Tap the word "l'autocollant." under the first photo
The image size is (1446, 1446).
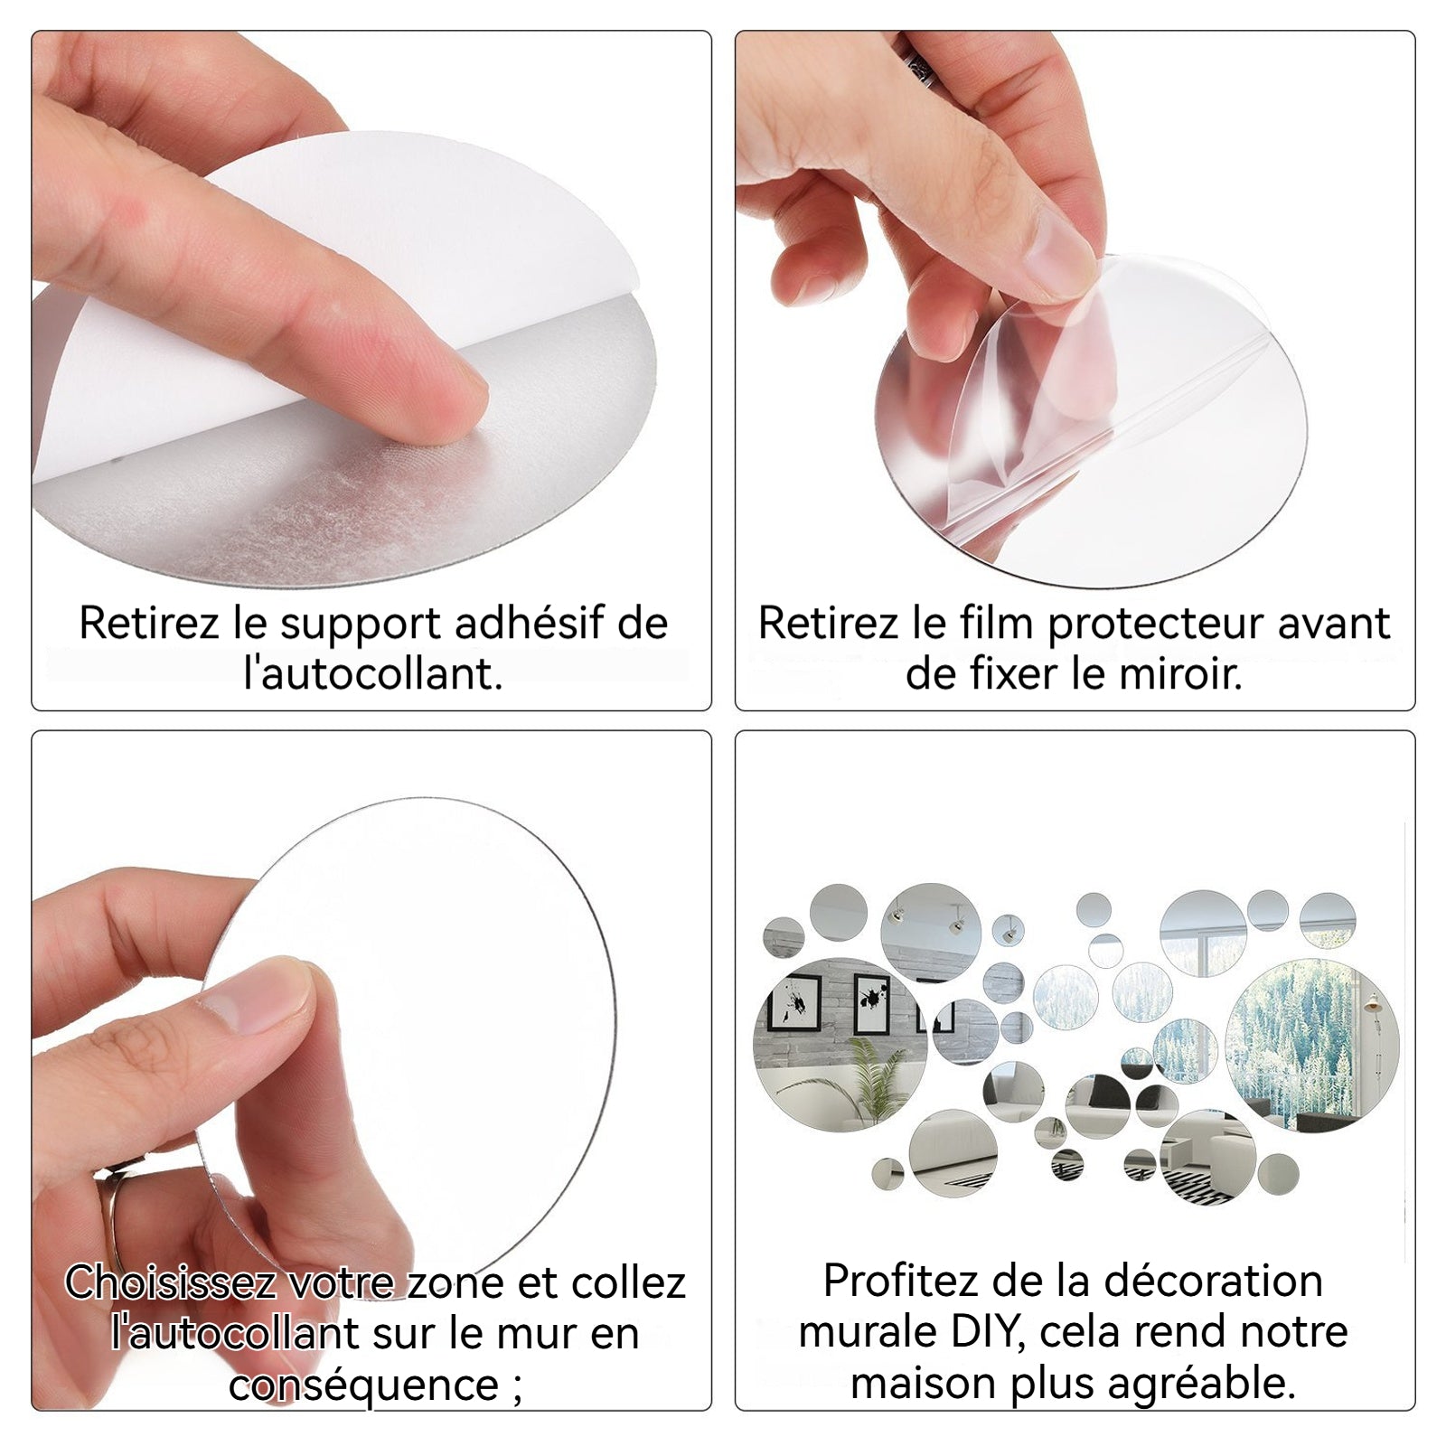[372, 674]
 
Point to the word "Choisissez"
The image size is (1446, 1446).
[170, 1282]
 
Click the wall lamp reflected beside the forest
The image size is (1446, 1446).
[1373, 1008]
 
